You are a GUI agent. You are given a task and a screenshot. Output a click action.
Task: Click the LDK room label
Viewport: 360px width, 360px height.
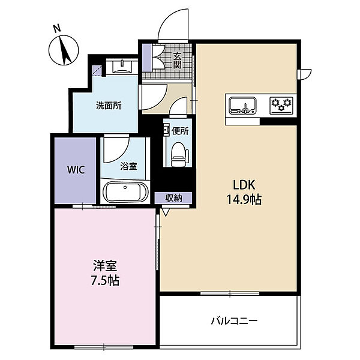click(244, 185)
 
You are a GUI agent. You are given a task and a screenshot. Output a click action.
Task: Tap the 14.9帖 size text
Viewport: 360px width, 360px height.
click(244, 199)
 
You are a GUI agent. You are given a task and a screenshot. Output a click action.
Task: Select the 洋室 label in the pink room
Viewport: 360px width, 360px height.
click(105, 266)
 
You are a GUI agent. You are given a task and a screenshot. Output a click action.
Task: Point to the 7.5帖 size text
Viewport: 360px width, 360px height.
click(105, 280)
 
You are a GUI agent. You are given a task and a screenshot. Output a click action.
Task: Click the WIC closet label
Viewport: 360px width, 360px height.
click(76, 170)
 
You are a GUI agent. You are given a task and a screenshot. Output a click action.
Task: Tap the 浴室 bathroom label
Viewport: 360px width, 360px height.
click(128, 166)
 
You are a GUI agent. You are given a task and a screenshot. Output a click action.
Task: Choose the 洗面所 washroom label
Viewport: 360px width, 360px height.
click(109, 106)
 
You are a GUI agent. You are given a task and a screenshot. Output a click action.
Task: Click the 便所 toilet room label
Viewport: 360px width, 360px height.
click(180, 131)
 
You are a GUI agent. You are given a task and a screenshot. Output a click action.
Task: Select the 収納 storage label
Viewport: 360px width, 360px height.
click(174, 198)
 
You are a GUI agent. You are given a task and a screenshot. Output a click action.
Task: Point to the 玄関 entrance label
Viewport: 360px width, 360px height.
click(177, 61)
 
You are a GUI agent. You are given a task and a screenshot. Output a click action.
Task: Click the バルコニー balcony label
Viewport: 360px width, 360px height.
click(234, 320)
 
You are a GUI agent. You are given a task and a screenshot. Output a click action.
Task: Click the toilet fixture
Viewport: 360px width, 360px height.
click(179, 154)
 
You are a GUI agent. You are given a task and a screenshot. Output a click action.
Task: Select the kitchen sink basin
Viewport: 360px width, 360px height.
click(243, 105)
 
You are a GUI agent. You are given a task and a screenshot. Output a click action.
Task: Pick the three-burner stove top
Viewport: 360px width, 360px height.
click(281, 106)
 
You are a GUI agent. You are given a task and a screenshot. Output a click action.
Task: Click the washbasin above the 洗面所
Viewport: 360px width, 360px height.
click(122, 67)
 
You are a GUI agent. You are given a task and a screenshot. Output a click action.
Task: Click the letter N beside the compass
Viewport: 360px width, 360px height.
click(57, 28)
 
